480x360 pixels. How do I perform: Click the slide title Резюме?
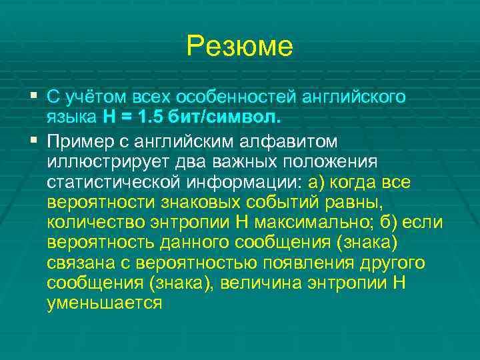(x=239, y=46)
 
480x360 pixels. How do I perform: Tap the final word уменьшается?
(x=105, y=303)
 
